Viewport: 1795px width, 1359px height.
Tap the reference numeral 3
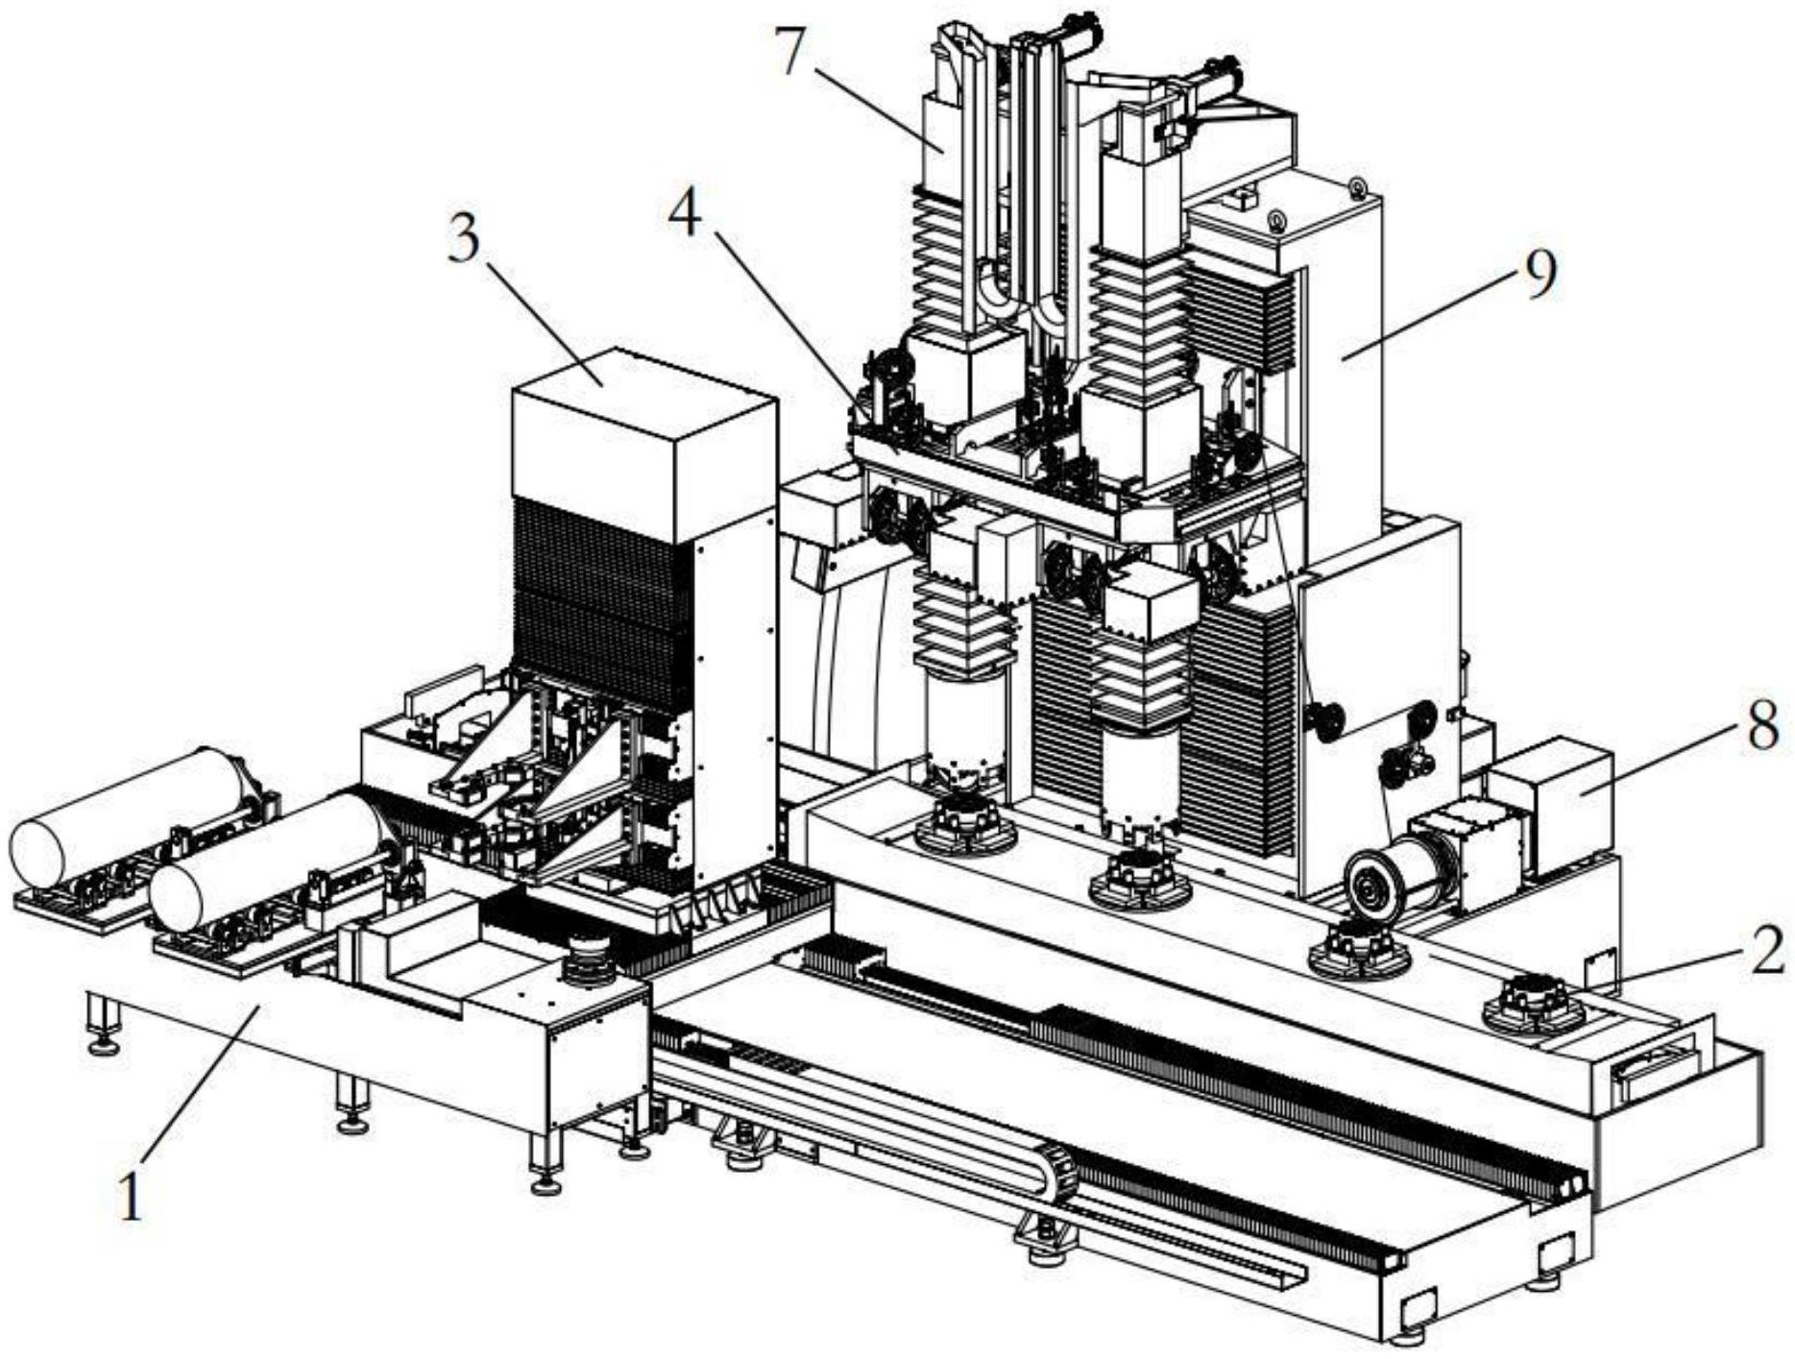click(x=464, y=241)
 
